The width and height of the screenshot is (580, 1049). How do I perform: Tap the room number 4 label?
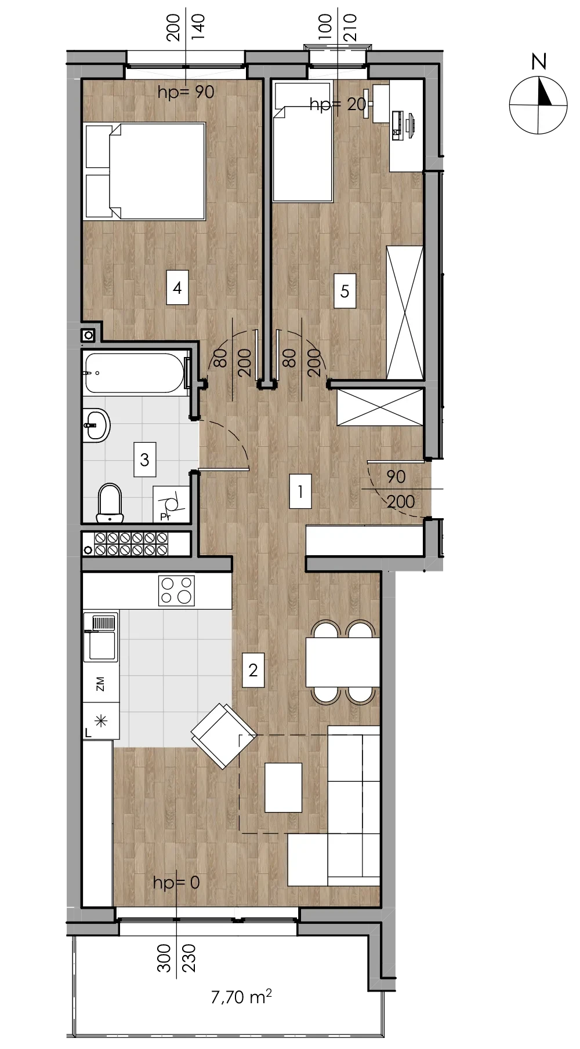coord(177,287)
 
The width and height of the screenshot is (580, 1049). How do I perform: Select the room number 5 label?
coord(345,290)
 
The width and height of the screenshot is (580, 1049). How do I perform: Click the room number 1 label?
coord(300,492)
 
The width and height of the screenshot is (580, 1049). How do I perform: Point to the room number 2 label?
coord(253,671)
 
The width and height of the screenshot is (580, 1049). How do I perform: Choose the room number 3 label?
coord(144,460)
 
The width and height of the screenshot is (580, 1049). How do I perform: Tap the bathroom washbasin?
coord(96,425)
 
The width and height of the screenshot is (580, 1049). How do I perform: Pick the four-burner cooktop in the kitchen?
coord(176,591)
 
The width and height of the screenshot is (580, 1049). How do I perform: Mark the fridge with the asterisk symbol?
coord(101,721)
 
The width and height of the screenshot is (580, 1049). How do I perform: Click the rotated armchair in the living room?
coord(223,736)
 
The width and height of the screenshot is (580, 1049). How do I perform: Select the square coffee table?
coord(284,787)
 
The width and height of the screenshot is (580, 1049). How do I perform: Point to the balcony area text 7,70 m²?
coord(241,997)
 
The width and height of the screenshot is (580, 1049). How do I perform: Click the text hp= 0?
coord(176,883)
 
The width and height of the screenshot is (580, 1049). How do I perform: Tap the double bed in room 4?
coord(144,171)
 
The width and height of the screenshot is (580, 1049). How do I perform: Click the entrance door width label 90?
coord(396,477)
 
